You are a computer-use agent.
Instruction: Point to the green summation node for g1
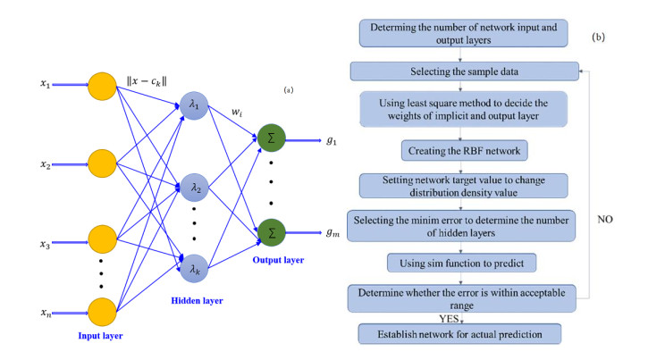271,138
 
